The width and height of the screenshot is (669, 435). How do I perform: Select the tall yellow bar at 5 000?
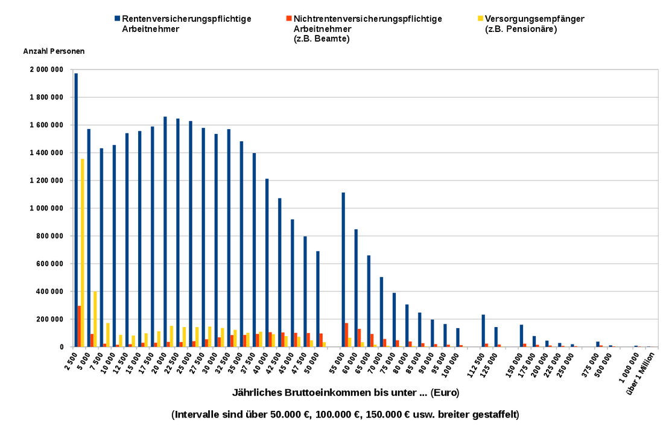coord(83,253)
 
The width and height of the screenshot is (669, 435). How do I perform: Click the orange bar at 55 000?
coord(346,335)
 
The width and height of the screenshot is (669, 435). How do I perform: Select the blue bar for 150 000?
coord(521,335)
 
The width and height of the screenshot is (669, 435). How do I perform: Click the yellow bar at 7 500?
coord(108,335)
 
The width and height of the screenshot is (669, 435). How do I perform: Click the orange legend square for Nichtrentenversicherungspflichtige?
coord(289,19)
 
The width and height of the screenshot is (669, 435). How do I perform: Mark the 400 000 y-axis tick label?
coord(48,291)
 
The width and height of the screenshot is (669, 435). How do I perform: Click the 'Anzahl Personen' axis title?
coord(54,51)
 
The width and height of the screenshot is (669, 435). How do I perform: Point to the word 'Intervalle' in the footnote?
coord(195,414)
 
